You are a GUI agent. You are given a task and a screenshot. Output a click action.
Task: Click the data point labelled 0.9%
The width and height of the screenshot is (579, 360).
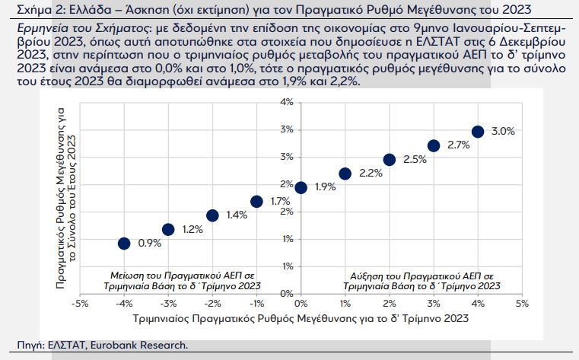click(124, 244)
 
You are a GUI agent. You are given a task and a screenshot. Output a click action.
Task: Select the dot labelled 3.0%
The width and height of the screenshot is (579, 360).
click(478, 132)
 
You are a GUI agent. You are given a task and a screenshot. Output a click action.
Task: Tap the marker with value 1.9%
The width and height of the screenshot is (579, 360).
click(301, 187)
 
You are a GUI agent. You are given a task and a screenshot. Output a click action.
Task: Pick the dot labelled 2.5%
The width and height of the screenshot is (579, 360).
click(390, 160)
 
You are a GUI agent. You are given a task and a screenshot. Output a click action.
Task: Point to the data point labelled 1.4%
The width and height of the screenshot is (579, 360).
click(212, 215)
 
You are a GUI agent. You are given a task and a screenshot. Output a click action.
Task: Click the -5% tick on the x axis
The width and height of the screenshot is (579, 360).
click(79, 303)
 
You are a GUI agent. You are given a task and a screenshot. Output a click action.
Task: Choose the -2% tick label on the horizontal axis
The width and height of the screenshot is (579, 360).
click(212, 303)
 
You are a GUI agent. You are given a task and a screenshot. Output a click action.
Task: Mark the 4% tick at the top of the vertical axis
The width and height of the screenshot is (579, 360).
click(287, 102)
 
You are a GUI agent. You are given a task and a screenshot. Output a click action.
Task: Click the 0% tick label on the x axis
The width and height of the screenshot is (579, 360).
click(301, 303)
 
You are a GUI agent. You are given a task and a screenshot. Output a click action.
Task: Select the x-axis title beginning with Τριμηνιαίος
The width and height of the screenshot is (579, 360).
click(301, 318)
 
